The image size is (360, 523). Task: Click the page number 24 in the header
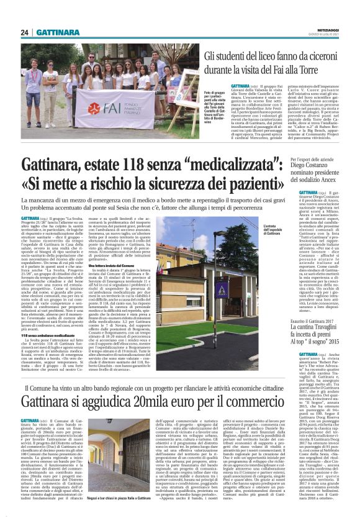tap(23, 32)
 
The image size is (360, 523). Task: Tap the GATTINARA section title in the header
tap(56, 32)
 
